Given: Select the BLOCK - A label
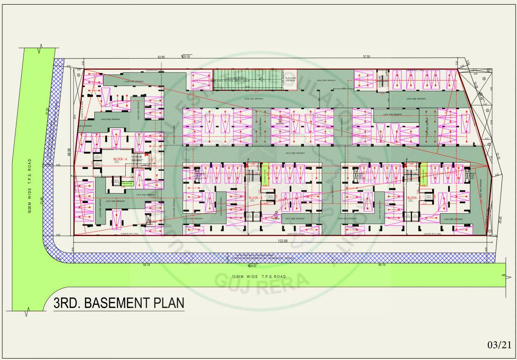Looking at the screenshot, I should coord(121,159).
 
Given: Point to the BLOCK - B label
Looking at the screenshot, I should coord(255,198).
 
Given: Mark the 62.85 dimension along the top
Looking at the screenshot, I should coord(161,57).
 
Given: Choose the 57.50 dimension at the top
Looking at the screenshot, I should coord(366,57).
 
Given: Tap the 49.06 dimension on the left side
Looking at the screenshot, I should coord(69,153).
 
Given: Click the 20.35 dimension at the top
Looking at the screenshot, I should coord(186,57).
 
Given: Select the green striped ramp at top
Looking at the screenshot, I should coord(246,79).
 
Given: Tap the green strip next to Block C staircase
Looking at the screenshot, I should coord(423,174).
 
